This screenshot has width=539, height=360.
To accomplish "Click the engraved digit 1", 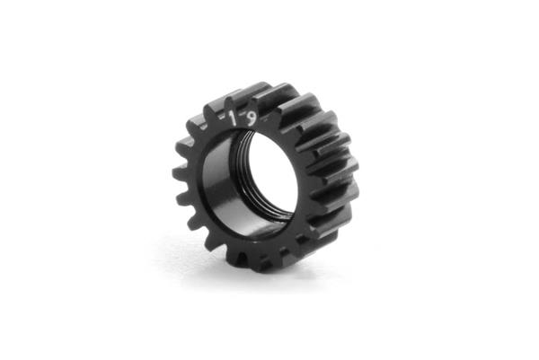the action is (234, 119).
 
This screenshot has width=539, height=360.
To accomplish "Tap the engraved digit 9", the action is (252, 119).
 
